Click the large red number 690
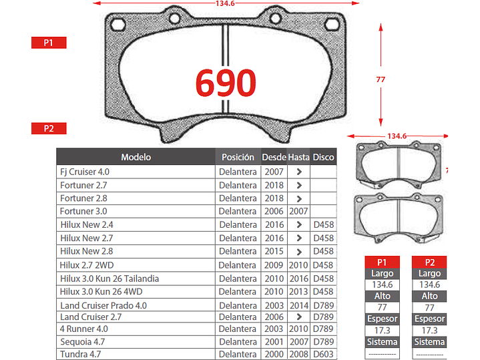226,83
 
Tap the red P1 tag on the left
48,43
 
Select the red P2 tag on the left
48,128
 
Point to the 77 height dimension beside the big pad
381,79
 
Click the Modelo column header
136,157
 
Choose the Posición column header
238,157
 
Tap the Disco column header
324,157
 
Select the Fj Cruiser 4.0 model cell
85,172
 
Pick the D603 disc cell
324,354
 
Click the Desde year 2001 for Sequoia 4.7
274,341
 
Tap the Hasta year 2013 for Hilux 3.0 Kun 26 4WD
298,292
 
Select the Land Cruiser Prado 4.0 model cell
103,305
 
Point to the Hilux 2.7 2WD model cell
87,265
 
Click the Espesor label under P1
383,319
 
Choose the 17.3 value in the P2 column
429,331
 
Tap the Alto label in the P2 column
429,296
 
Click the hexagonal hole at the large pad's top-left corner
119,25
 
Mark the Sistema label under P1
383,342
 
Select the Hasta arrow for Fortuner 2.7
298,185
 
